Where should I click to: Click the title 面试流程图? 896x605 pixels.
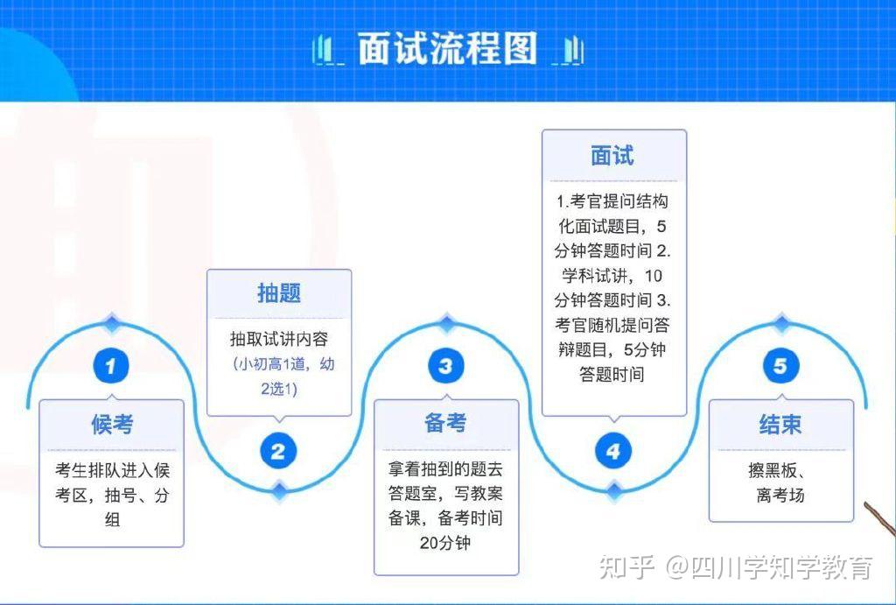coord(447,50)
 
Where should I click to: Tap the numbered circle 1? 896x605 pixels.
coord(111,366)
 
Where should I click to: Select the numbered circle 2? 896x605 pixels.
coord(278,452)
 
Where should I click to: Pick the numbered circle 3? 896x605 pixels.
coord(446,366)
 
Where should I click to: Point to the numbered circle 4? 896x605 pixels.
coord(613,452)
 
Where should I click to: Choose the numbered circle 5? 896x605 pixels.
coord(780,366)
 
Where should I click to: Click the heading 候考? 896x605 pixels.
coord(112,425)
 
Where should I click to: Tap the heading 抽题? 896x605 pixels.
coord(279,293)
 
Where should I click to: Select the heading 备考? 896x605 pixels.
coord(446,424)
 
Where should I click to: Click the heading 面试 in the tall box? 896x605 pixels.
coord(613,156)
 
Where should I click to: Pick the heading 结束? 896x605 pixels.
coord(780,425)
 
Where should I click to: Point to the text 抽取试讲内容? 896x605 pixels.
coord(279,339)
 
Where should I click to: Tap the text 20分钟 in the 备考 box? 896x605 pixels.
coord(445,543)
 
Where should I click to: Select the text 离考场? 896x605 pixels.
coord(780,496)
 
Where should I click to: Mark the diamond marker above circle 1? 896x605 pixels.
coord(111,323)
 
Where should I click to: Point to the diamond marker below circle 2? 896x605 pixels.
coord(278,490)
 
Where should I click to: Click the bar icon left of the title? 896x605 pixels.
coord(325,51)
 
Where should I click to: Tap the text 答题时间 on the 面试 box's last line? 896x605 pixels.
coord(613,375)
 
